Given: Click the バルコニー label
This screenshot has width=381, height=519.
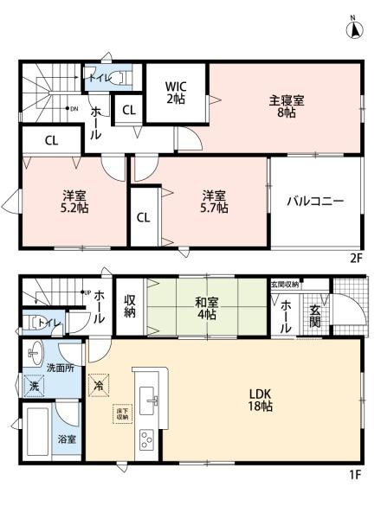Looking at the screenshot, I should (316, 201).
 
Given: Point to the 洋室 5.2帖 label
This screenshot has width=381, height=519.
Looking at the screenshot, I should (74, 201).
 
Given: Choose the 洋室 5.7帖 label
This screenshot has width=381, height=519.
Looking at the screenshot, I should (216, 201).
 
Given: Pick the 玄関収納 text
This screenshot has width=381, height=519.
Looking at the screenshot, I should (285, 285).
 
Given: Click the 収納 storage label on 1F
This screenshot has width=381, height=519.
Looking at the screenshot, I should (130, 306).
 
